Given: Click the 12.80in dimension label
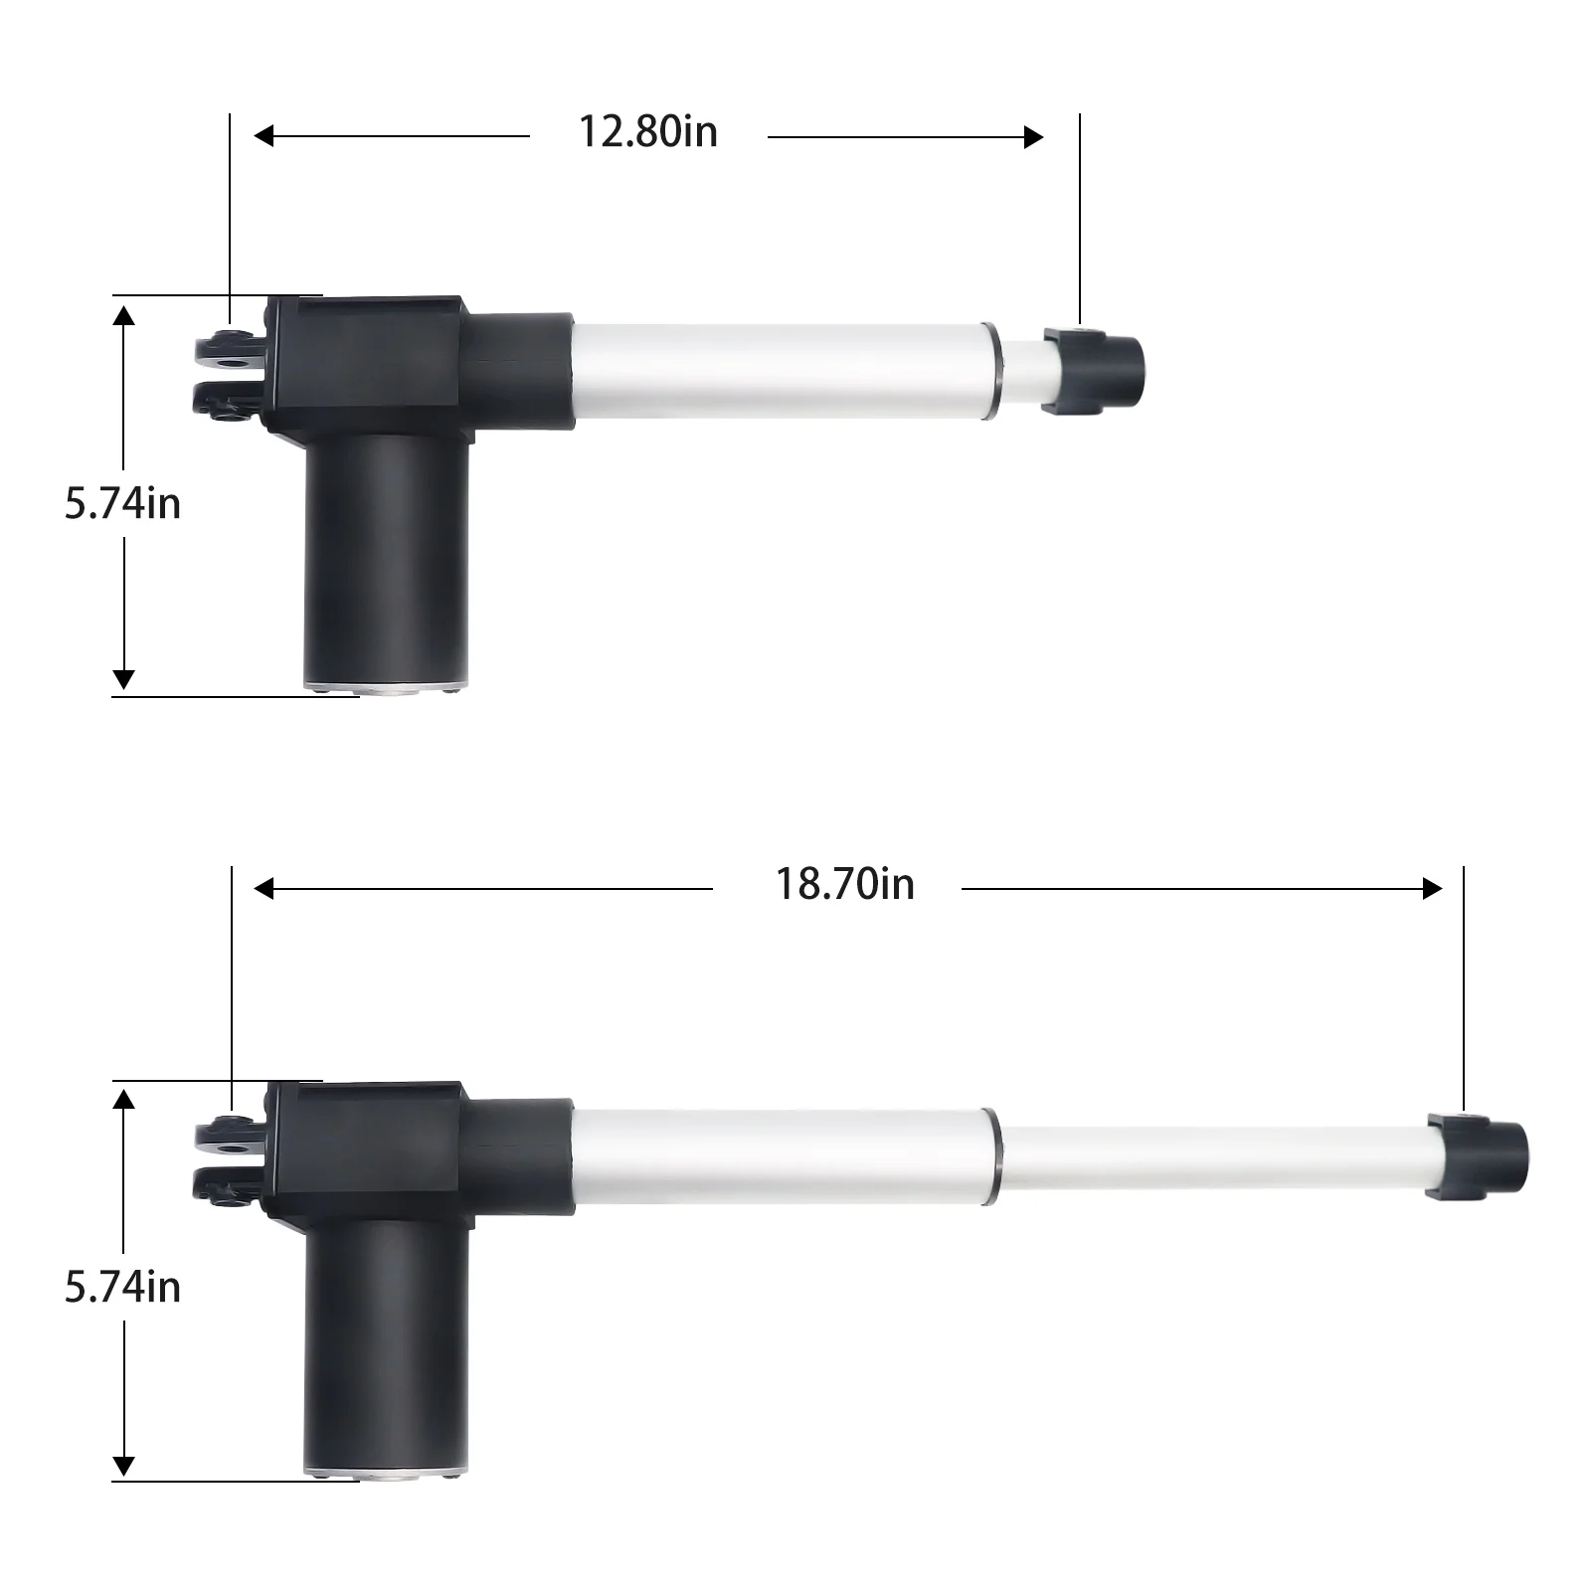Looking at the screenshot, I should [x=647, y=132].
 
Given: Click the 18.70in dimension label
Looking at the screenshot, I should [x=844, y=885].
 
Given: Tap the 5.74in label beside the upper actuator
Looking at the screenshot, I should [x=122, y=504].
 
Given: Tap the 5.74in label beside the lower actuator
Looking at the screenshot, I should [x=122, y=1288].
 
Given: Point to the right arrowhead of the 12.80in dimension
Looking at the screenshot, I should [x=1033, y=137].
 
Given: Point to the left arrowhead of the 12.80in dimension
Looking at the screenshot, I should [x=264, y=136].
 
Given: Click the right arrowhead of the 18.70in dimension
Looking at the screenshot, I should [x=1432, y=889].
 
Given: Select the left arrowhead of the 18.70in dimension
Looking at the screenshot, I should [x=264, y=889].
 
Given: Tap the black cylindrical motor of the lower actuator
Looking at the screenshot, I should [x=386, y=1342].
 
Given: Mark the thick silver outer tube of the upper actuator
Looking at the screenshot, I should [x=776, y=370].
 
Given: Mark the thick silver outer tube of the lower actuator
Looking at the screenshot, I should [x=776, y=1156].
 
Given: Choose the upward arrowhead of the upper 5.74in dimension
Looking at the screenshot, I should [x=123, y=316].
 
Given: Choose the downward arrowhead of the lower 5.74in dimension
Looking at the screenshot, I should [x=123, y=1466].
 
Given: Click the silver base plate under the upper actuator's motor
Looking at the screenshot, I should [x=386, y=688].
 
